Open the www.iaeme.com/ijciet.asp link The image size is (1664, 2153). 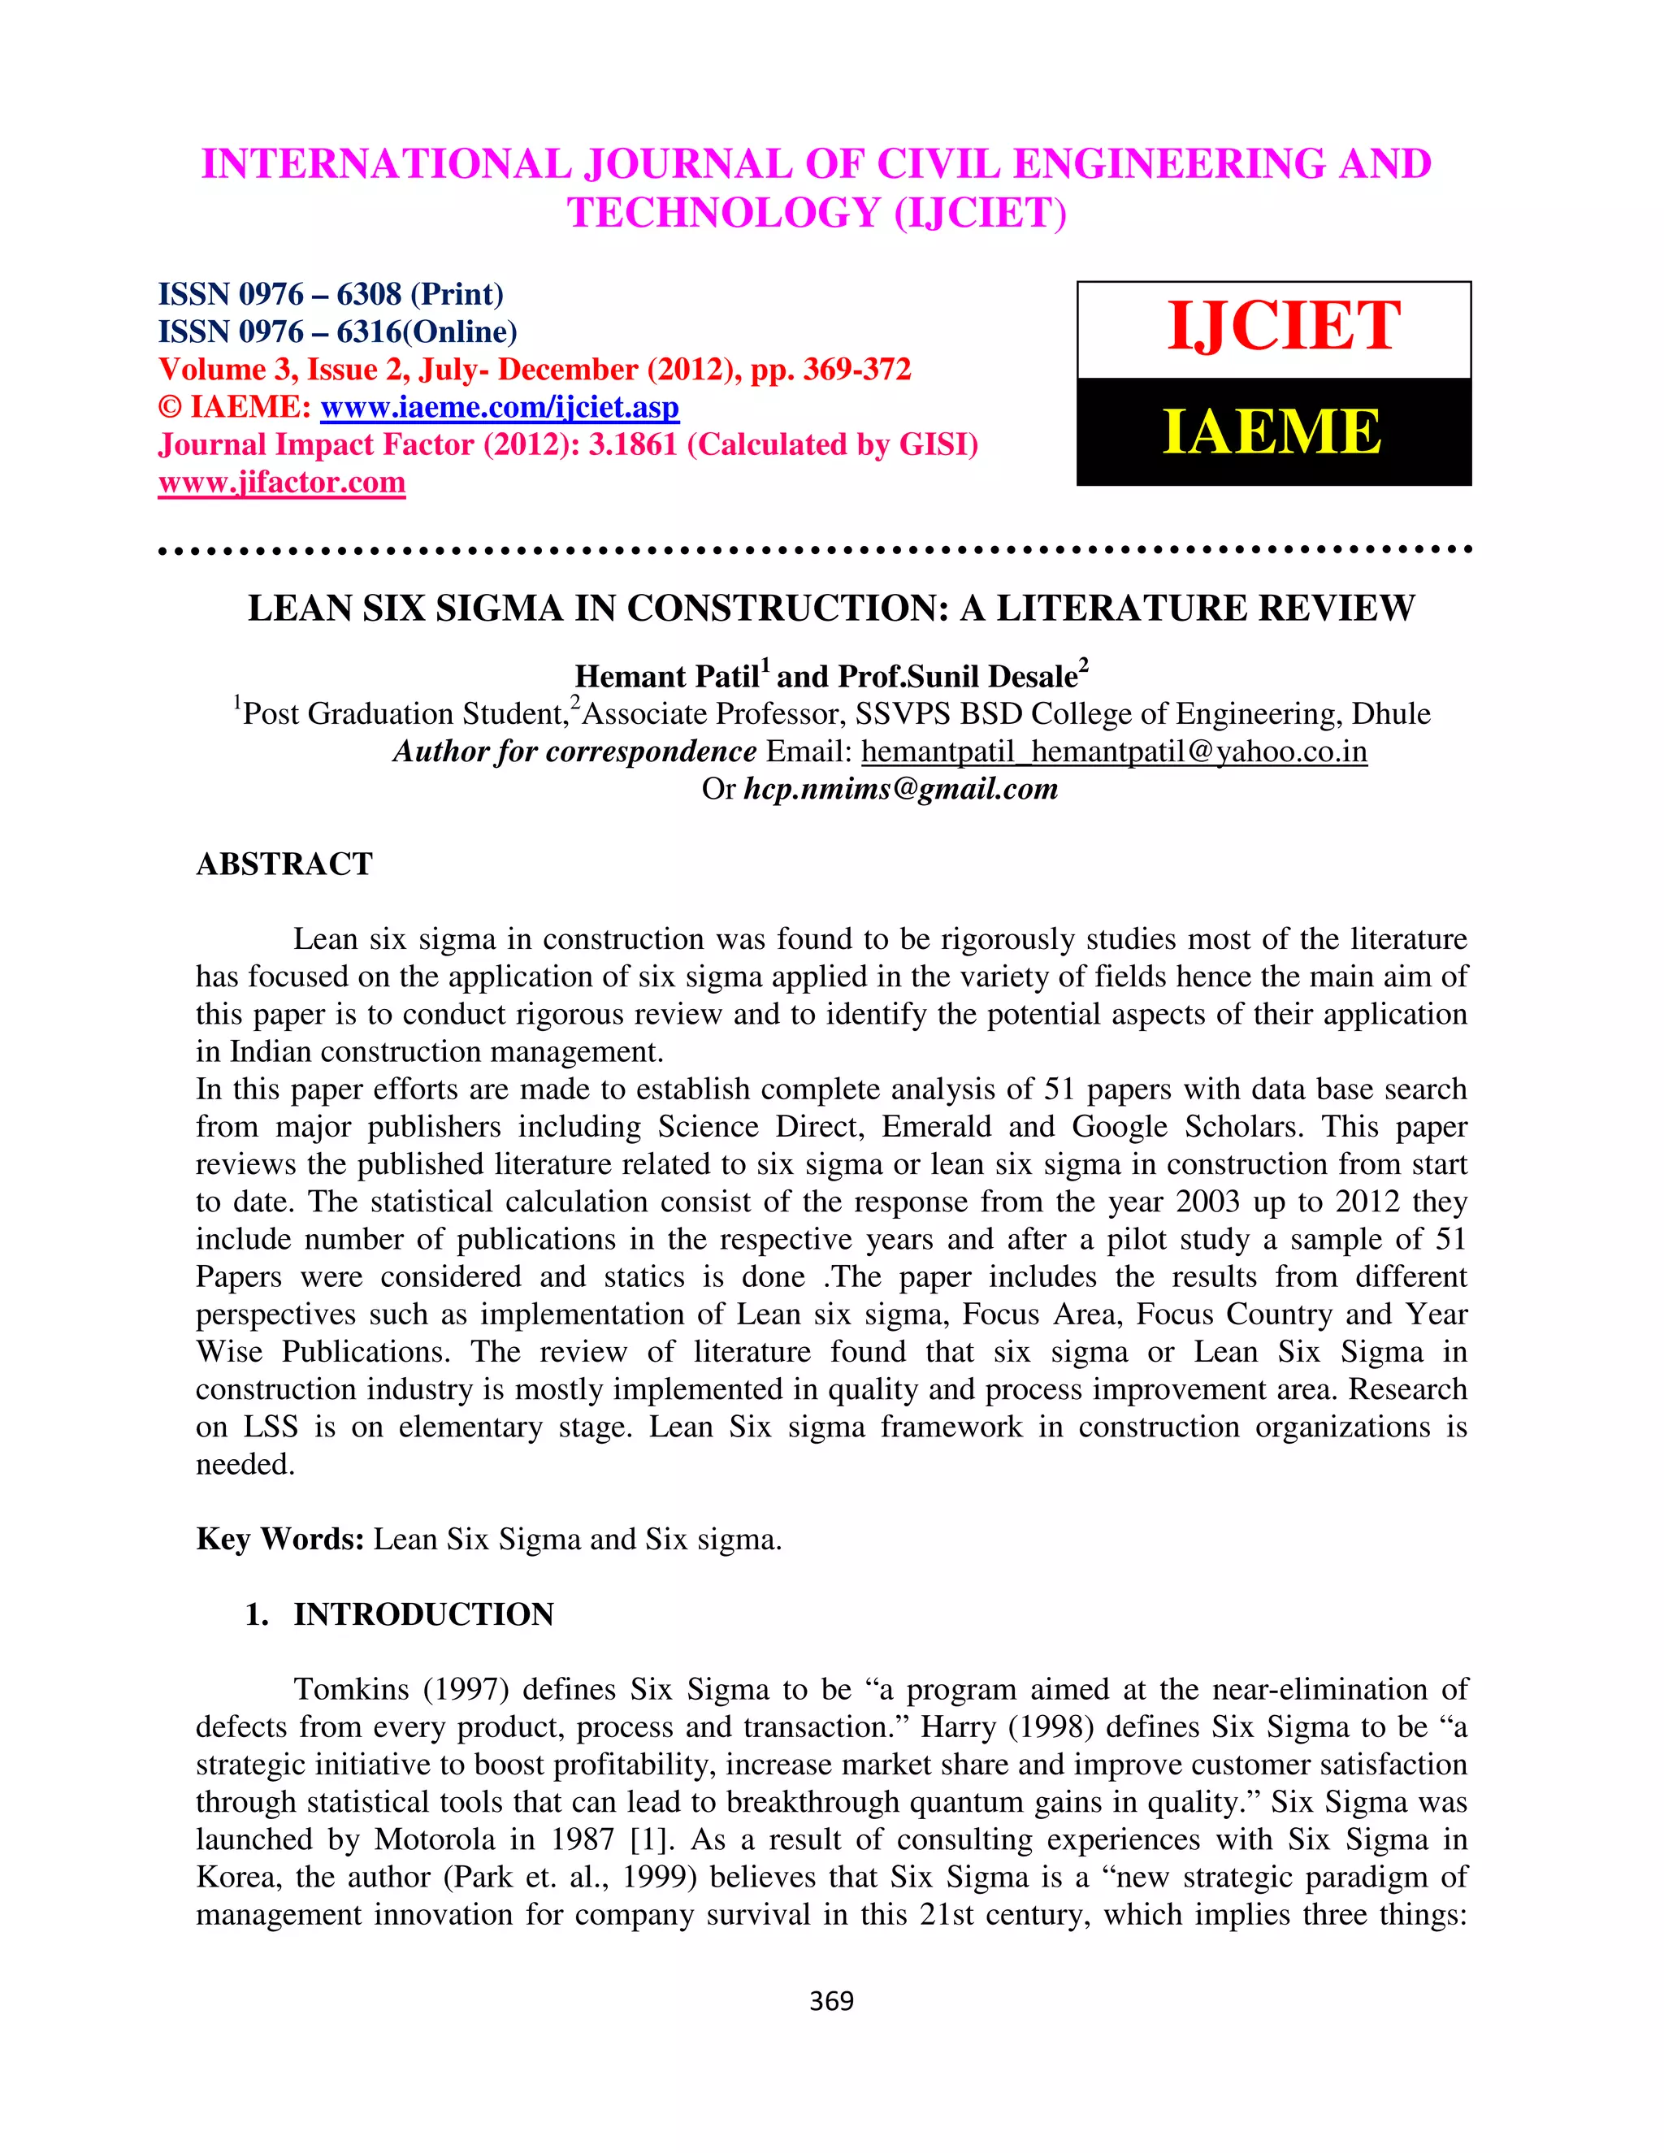tap(500, 407)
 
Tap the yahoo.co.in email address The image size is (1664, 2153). tap(1114, 752)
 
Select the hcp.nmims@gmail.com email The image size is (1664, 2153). tap(900, 789)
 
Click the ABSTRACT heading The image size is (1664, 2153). tap(284, 864)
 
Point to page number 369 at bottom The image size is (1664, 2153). tap(831, 2000)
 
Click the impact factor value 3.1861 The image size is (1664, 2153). tap(633, 444)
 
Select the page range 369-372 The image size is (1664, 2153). tap(856, 370)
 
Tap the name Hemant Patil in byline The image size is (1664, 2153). tap(666, 676)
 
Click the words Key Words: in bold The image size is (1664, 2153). tap(280, 1539)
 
